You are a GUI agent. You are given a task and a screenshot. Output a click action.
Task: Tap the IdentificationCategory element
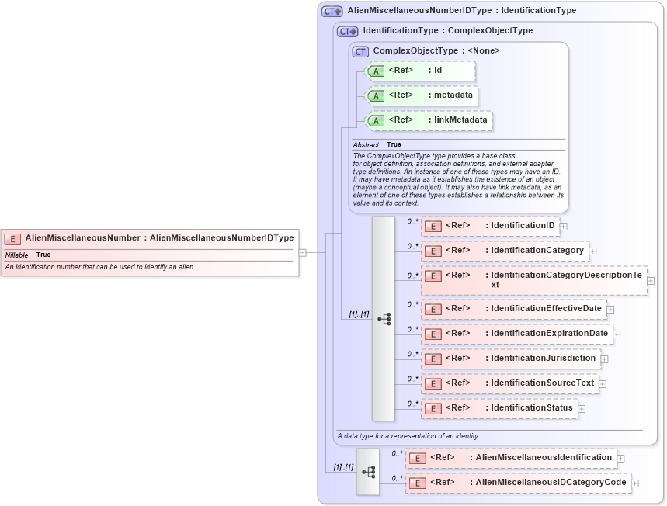coord(505,251)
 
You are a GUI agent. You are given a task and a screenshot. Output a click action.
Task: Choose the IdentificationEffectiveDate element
coord(513,309)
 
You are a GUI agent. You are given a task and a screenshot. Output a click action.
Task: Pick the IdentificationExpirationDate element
coord(516,334)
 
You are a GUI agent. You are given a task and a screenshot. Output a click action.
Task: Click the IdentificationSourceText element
coord(509,383)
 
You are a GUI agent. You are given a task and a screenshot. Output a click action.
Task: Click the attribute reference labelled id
coord(419,71)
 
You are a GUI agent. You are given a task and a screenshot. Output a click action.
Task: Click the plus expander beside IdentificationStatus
coord(582,409)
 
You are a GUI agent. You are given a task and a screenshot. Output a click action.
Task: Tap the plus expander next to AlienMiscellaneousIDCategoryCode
coord(635,483)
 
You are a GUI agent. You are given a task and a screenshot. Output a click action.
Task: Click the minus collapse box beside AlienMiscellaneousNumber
coord(302,252)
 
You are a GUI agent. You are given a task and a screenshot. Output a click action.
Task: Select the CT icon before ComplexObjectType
coord(360,51)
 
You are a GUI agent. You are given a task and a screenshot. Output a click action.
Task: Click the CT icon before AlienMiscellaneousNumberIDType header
coord(332,12)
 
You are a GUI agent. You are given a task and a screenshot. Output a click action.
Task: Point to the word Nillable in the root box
coord(17,255)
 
